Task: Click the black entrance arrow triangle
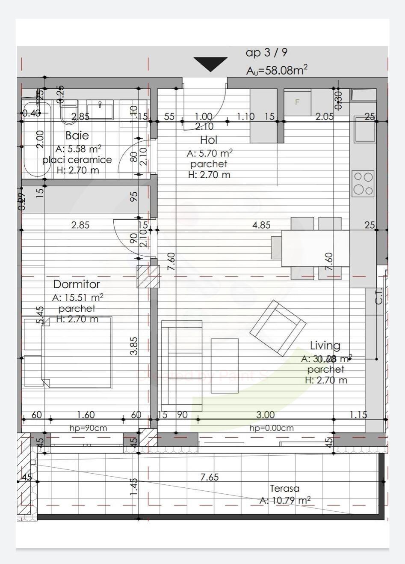click(210, 63)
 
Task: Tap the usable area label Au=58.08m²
click(277, 70)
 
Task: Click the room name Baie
click(77, 136)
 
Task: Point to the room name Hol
click(209, 140)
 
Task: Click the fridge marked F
click(297, 102)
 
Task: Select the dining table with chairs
click(315, 248)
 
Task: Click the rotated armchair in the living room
click(278, 328)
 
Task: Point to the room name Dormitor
click(77, 284)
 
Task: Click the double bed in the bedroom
click(68, 352)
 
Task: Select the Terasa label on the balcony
click(284, 489)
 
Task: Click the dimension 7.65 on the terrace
click(210, 477)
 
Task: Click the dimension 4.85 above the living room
click(261, 225)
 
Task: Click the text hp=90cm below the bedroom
click(88, 428)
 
